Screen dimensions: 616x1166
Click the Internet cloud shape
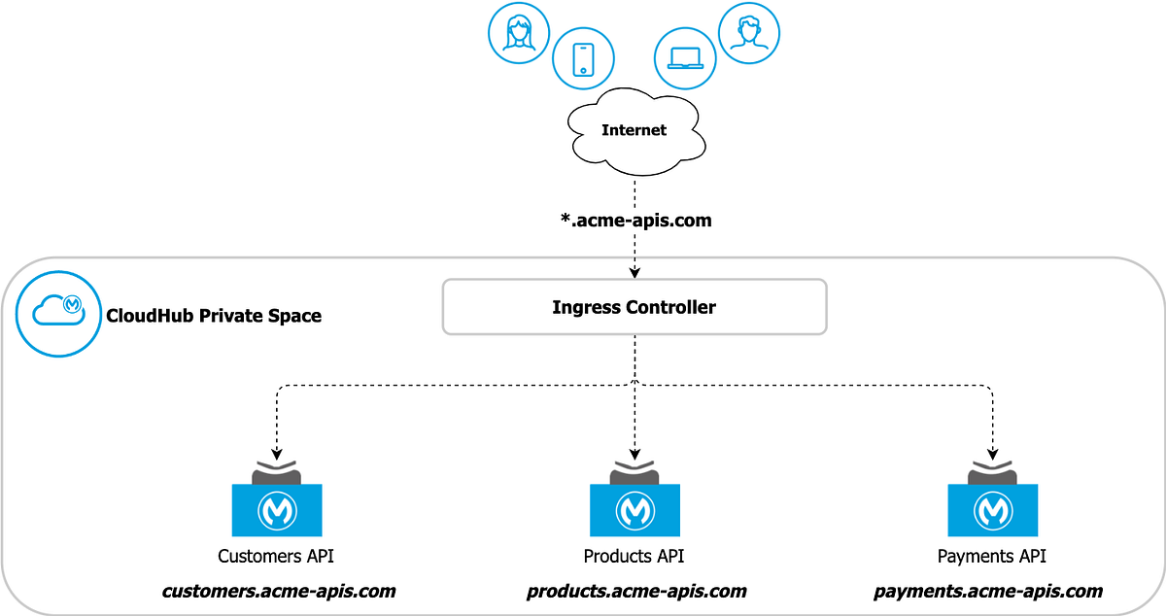click(634, 130)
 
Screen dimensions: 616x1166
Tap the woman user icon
click(518, 35)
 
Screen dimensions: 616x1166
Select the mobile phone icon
click(583, 58)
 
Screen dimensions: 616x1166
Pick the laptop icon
click(686, 58)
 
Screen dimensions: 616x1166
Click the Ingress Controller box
click(634, 308)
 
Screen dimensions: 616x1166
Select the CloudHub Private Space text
click(213, 316)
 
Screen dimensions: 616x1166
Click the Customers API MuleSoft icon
click(277, 509)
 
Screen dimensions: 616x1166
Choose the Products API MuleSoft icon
click(634, 509)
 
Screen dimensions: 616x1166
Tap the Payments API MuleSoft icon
click(992, 509)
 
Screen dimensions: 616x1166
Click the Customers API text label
click(277, 557)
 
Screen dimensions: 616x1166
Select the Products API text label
click(634, 557)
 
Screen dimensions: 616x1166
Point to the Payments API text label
click(991, 557)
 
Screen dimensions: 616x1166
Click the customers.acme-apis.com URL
click(279, 591)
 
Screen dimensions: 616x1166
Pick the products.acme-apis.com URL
click(636, 591)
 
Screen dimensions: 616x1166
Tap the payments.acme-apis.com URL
click(988, 591)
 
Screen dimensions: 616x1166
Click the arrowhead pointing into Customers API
click(277, 453)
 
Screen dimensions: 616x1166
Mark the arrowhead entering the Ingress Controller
click(634, 272)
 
